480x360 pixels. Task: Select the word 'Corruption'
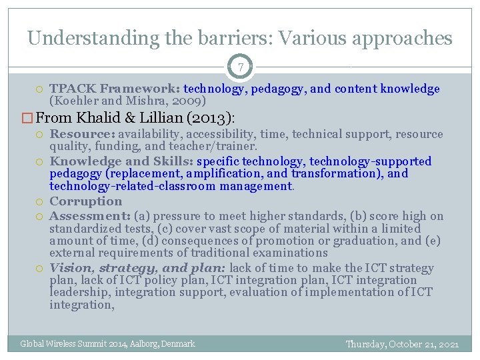86,201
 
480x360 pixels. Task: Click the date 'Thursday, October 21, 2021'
402,344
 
